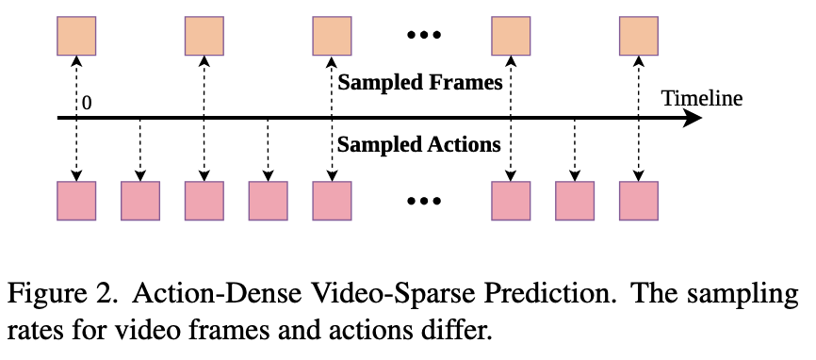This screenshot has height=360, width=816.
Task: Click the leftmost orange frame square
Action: click(76, 36)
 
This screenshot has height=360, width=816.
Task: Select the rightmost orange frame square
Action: click(639, 36)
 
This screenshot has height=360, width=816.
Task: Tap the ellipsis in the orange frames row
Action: click(424, 36)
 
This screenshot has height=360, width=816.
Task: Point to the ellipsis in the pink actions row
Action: click(424, 201)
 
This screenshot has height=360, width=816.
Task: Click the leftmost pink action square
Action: click(76, 201)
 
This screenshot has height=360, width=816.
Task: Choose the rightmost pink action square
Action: click(639, 201)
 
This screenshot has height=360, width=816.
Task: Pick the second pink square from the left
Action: click(140, 201)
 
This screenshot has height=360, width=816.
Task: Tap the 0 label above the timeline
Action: click(87, 103)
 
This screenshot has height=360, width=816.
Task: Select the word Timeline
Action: click(702, 98)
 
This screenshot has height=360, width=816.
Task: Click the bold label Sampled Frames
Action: click(420, 83)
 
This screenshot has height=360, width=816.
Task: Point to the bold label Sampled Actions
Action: click(419, 144)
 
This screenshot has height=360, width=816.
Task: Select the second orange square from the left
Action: click(204, 36)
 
